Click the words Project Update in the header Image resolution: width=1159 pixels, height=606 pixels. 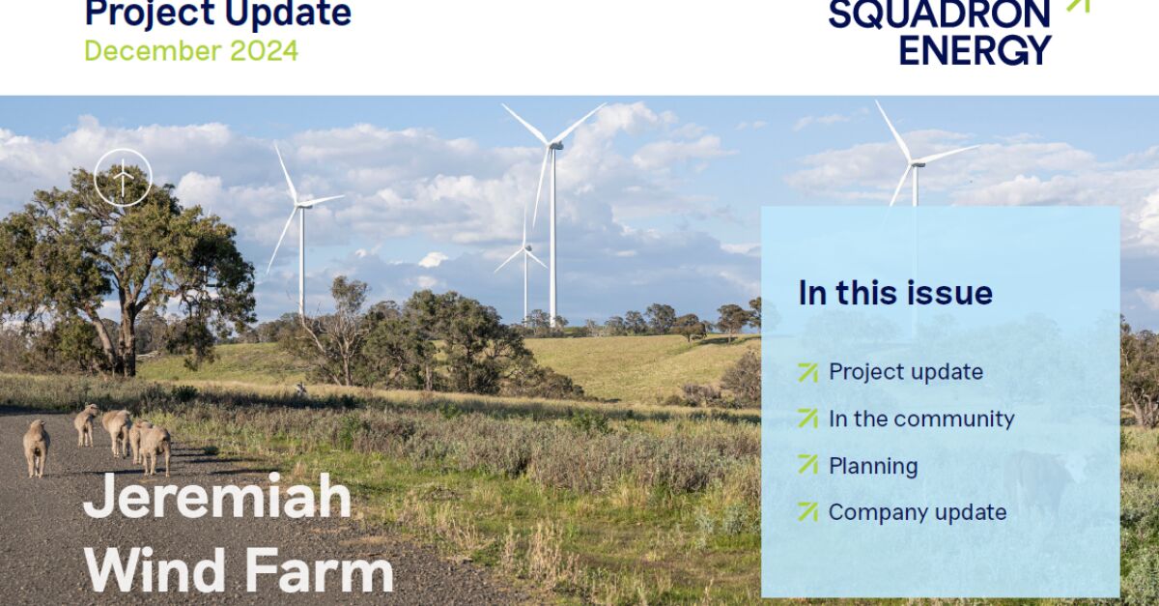coord(218,14)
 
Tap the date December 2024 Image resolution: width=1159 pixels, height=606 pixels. coord(191,50)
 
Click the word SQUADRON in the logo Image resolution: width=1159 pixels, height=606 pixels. coord(939,14)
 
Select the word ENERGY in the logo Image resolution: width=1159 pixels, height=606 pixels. coord(975,49)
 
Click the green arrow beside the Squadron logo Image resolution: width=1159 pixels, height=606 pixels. coord(1077,5)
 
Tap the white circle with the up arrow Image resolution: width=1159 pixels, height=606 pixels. coord(123,178)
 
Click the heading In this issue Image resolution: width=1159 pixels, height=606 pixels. coord(895,293)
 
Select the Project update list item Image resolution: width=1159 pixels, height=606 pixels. coord(905,372)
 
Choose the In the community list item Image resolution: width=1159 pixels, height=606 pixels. coord(921,418)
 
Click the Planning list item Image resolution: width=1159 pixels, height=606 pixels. coord(873,465)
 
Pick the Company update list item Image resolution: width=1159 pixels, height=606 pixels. coord(918,512)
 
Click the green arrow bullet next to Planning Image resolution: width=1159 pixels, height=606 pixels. coord(807,465)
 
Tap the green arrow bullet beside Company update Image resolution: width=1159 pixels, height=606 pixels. coord(807,512)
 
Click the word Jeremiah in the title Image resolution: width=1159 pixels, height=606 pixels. coord(217,498)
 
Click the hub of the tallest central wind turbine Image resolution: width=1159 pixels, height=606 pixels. coord(553,146)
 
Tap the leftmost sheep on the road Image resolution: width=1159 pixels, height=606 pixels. coord(37,447)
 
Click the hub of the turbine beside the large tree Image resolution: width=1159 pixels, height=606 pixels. coord(299,204)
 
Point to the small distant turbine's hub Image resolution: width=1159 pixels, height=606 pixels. coord(525,249)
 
